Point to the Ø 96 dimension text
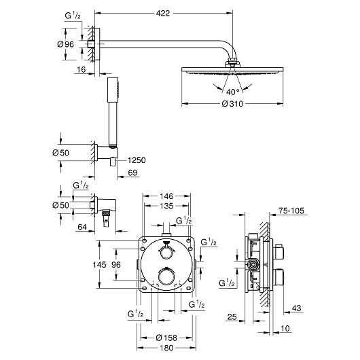(x=65, y=44)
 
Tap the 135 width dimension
(x=166, y=208)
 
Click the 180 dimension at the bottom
(x=166, y=349)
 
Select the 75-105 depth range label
(x=292, y=211)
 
